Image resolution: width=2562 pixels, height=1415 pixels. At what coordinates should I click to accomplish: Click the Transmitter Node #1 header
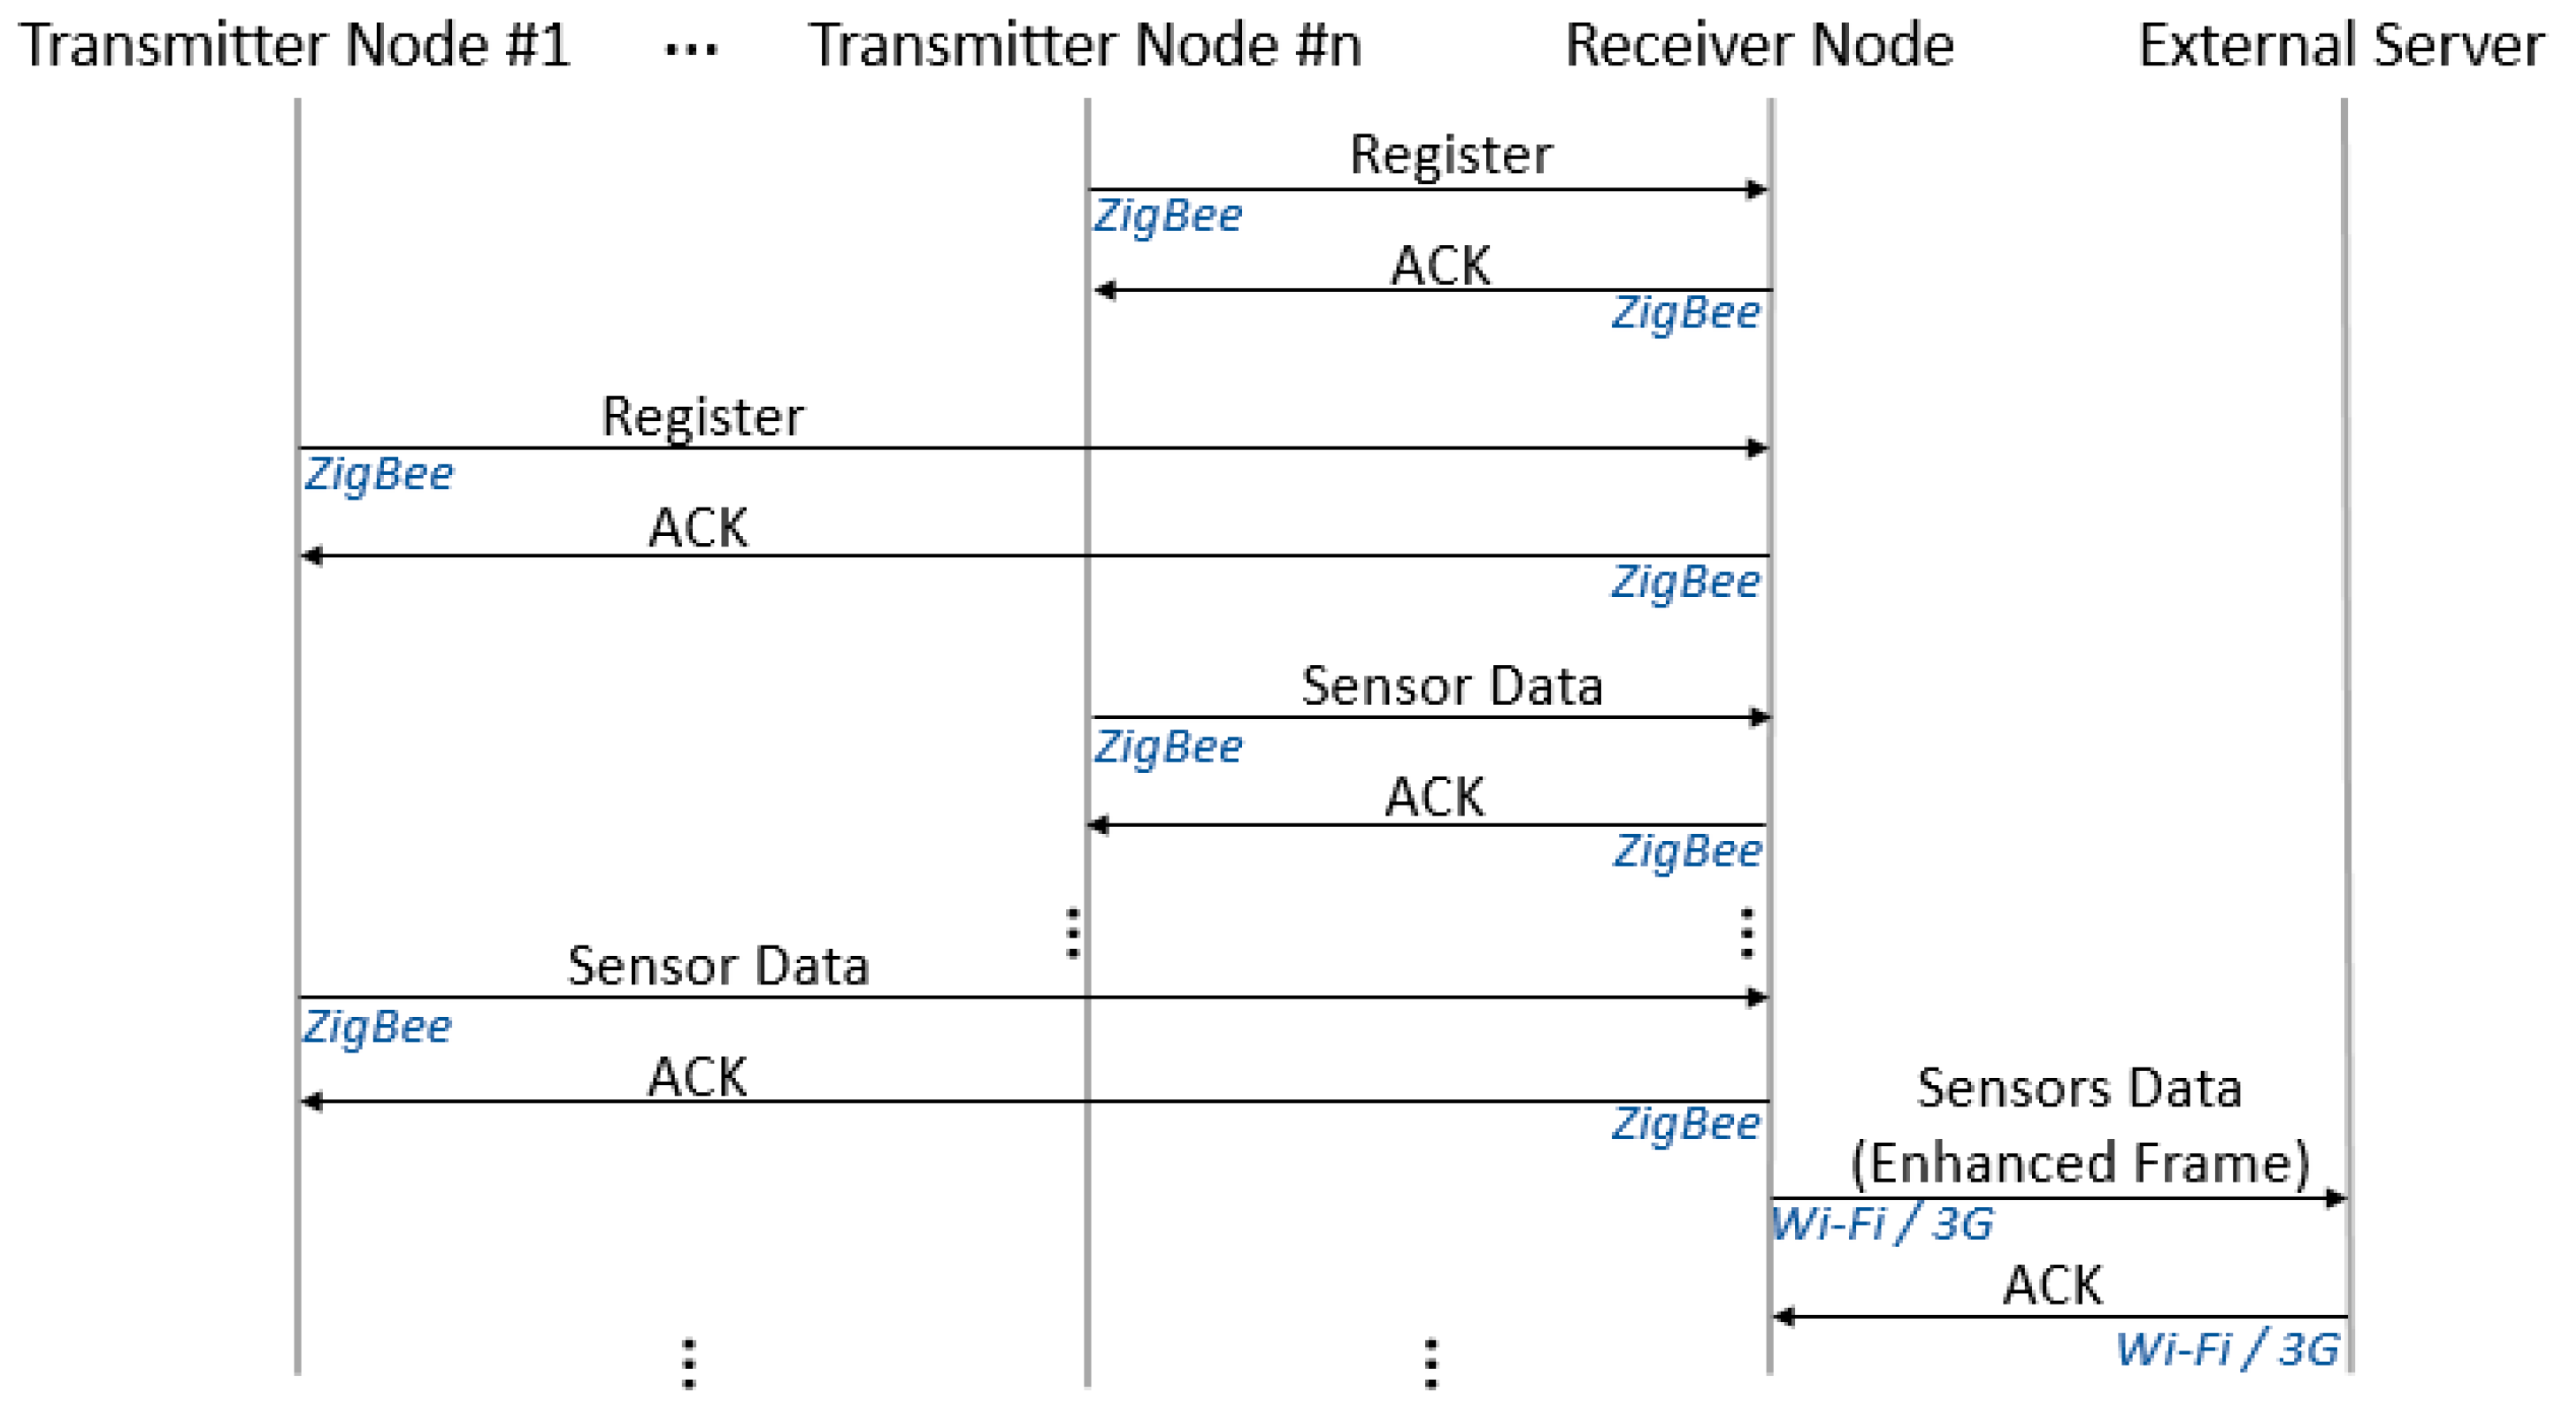295,46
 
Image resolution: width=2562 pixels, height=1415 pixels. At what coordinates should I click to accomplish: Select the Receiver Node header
1759,46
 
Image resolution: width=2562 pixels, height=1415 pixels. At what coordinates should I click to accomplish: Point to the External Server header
2339,46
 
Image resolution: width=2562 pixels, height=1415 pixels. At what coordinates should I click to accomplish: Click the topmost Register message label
1450,155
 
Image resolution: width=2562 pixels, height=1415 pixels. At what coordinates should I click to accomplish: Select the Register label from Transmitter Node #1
702,417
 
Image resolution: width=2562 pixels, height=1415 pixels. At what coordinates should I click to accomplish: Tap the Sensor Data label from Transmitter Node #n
1451,686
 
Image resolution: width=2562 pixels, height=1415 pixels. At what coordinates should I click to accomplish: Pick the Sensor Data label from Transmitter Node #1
717,966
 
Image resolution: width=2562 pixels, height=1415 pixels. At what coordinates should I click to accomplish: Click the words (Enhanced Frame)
2079,1162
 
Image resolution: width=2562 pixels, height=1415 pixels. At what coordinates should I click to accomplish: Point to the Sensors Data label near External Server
2079,1088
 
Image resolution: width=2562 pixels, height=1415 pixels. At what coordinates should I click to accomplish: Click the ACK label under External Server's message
2052,1285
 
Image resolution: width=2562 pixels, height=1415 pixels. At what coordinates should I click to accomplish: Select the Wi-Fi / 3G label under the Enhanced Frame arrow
1882,1224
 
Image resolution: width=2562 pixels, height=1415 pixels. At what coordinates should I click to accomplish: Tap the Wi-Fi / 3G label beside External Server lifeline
2226,1350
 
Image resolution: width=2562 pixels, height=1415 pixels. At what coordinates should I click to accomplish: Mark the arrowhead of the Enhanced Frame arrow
2336,1198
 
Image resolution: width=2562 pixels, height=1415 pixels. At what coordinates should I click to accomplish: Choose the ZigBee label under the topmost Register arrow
1168,216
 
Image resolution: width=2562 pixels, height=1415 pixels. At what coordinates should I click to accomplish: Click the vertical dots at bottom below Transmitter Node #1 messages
688,1364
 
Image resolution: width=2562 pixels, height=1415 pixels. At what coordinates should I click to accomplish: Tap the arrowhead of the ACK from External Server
1784,1317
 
